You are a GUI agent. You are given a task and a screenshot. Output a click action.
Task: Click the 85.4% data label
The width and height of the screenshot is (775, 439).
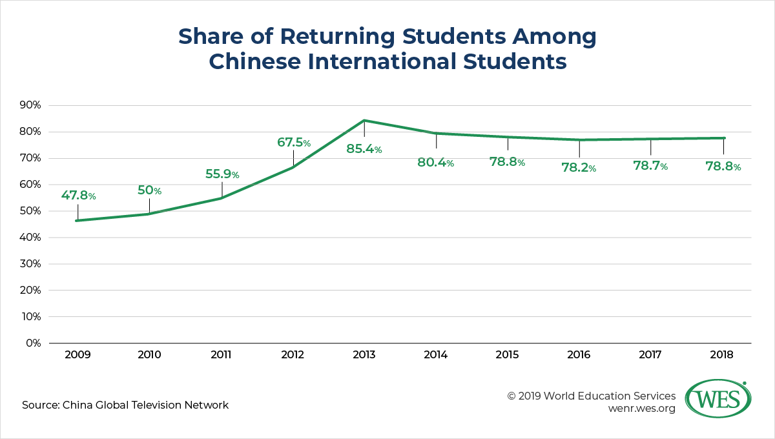pyautogui.click(x=364, y=149)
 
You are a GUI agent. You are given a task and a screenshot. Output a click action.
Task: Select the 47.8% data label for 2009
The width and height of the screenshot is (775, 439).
pyautogui.click(x=79, y=196)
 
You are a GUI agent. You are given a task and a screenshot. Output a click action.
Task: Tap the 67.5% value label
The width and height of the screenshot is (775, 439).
pyautogui.click(x=294, y=142)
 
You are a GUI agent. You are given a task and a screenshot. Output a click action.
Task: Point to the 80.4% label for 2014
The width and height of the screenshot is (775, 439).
pyautogui.click(x=435, y=163)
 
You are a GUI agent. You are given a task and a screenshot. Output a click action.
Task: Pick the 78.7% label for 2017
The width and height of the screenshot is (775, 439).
pyautogui.click(x=650, y=166)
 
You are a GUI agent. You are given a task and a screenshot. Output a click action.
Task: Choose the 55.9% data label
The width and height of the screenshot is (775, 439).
pyautogui.click(x=222, y=174)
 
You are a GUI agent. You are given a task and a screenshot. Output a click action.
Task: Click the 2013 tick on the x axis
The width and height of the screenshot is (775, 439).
pyautogui.click(x=364, y=354)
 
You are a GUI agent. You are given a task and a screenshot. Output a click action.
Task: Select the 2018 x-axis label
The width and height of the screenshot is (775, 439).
pyautogui.click(x=722, y=354)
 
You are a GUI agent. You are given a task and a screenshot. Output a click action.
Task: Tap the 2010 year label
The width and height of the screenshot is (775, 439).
pyautogui.click(x=149, y=354)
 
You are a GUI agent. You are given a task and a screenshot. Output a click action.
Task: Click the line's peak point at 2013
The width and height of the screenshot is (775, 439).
pyautogui.click(x=364, y=121)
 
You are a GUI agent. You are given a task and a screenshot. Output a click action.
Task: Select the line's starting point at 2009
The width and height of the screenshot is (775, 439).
pyautogui.click(x=77, y=221)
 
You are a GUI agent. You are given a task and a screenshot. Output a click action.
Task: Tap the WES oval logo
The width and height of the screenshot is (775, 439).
pyautogui.click(x=718, y=398)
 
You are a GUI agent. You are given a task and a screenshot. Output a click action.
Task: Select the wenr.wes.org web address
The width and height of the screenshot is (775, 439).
pyautogui.click(x=641, y=409)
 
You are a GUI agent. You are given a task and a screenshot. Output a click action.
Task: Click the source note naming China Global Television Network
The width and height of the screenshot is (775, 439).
pyautogui.click(x=125, y=405)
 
